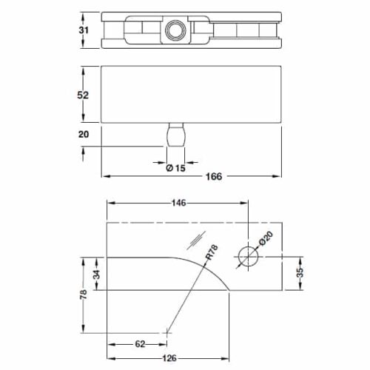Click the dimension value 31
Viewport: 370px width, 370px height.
[x=84, y=30]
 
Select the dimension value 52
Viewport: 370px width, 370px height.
[x=84, y=95]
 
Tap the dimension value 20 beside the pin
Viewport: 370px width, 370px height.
[x=84, y=134]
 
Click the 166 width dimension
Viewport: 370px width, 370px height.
[x=214, y=176]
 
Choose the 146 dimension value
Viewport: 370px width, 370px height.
[x=178, y=202]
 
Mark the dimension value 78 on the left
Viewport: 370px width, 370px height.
[x=84, y=295]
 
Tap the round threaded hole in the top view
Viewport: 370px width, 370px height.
[x=175, y=30]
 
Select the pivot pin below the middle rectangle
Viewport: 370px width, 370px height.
[x=175, y=136]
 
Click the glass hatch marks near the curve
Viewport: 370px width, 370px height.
[x=198, y=238]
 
